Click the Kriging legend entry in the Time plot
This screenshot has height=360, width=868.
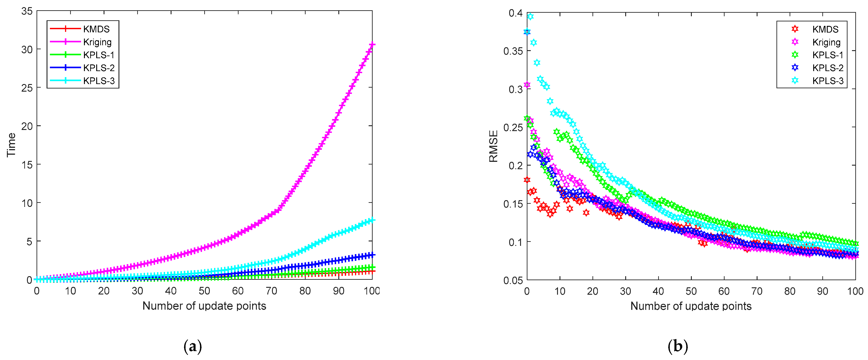[97, 42]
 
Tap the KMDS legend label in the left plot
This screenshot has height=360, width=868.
[96, 29]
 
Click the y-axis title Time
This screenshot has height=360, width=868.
[11, 145]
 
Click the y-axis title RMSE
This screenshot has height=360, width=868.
[493, 146]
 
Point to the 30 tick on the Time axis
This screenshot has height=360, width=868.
[27, 49]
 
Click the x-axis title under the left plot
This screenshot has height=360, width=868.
[204, 306]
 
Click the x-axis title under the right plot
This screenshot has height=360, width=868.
[691, 306]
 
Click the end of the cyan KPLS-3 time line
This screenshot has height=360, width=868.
[372, 220]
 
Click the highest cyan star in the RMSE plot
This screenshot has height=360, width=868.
[530, 16]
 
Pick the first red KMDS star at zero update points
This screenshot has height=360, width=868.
[527, 180]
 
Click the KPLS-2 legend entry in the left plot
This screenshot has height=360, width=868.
[99, 68]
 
